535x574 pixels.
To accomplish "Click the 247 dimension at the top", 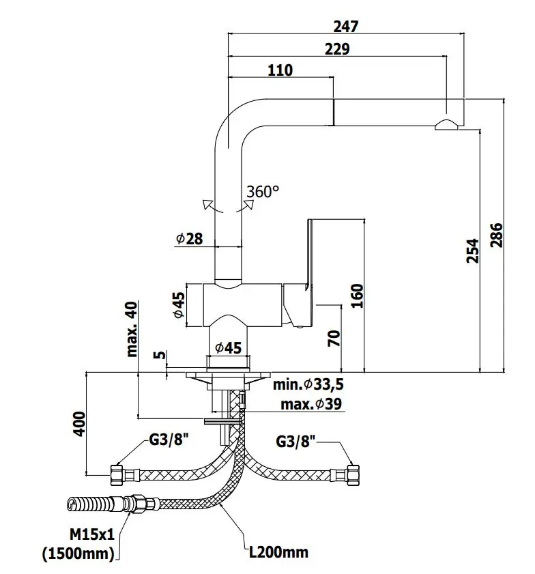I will pyautogui.click(x=346, y=27).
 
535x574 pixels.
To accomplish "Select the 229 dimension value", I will pyautogui.click(x=337, y=49).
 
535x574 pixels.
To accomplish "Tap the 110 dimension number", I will pyautogui.click(x=280, y=70).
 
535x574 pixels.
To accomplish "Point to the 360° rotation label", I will pyautogui.click(x=263, y=192).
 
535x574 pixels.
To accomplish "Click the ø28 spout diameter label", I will pyautogui.click(x=189, y=238).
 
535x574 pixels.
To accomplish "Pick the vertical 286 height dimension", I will pyautogui.click(x=496, y=235).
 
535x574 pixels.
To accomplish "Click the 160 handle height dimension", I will pyautogui.click(x=356, y=296).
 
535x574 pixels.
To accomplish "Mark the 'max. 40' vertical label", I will pyautogui.click(x=132, y=329).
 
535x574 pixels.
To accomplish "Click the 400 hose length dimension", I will pyautogui.click(x=79, y=424).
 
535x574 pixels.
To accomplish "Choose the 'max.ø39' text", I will pyautogui.click(x=311, y=405).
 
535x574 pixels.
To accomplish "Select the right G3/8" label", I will pyautogui.click(x=297, y=442).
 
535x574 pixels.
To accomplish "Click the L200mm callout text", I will pyautogui.click(x=280, y=551).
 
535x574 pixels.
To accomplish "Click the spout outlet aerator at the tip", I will pyautogui.click(x=448, y=124).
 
